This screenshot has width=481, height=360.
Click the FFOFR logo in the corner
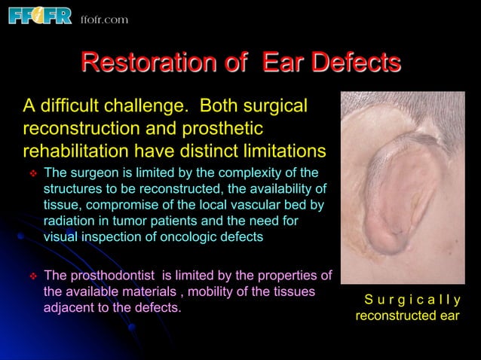(39, 16)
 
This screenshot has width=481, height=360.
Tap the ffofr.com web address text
(104, 19)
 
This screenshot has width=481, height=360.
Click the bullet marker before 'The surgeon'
(32, 173)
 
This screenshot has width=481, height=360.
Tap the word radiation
(69, 220)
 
